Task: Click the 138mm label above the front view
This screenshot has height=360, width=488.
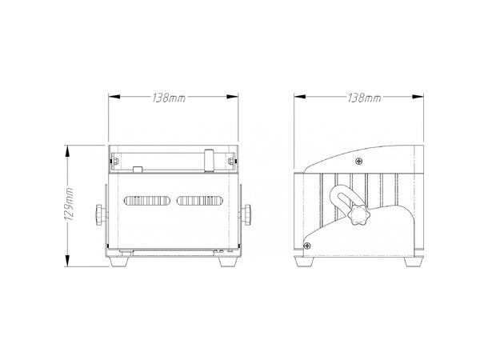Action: click(x=168, y=98)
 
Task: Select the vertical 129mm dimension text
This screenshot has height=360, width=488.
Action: click(x=70, y=206)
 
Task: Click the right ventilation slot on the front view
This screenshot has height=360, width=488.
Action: click(x=199, y=201)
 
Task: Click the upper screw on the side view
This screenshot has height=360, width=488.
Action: click(x=359, y=162)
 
